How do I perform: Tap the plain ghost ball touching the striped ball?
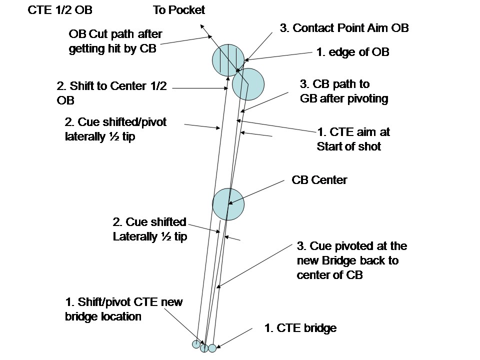(248, 83)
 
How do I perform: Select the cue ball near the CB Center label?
(228, 204)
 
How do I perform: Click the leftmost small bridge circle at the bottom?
(196, 343)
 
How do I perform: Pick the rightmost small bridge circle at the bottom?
(212, 348)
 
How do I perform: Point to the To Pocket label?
(178, 10)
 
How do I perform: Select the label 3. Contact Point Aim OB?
(344, 28)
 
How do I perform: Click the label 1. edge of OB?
(353, 51)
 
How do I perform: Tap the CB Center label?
(319, 179)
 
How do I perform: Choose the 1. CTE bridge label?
(300, 328)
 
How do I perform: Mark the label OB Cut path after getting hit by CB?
(115, 42)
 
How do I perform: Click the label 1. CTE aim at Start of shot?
(353, 139)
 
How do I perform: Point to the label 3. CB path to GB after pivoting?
(343, 91)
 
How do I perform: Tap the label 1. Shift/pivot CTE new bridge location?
(124, 309)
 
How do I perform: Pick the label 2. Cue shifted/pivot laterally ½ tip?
(115, 129)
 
